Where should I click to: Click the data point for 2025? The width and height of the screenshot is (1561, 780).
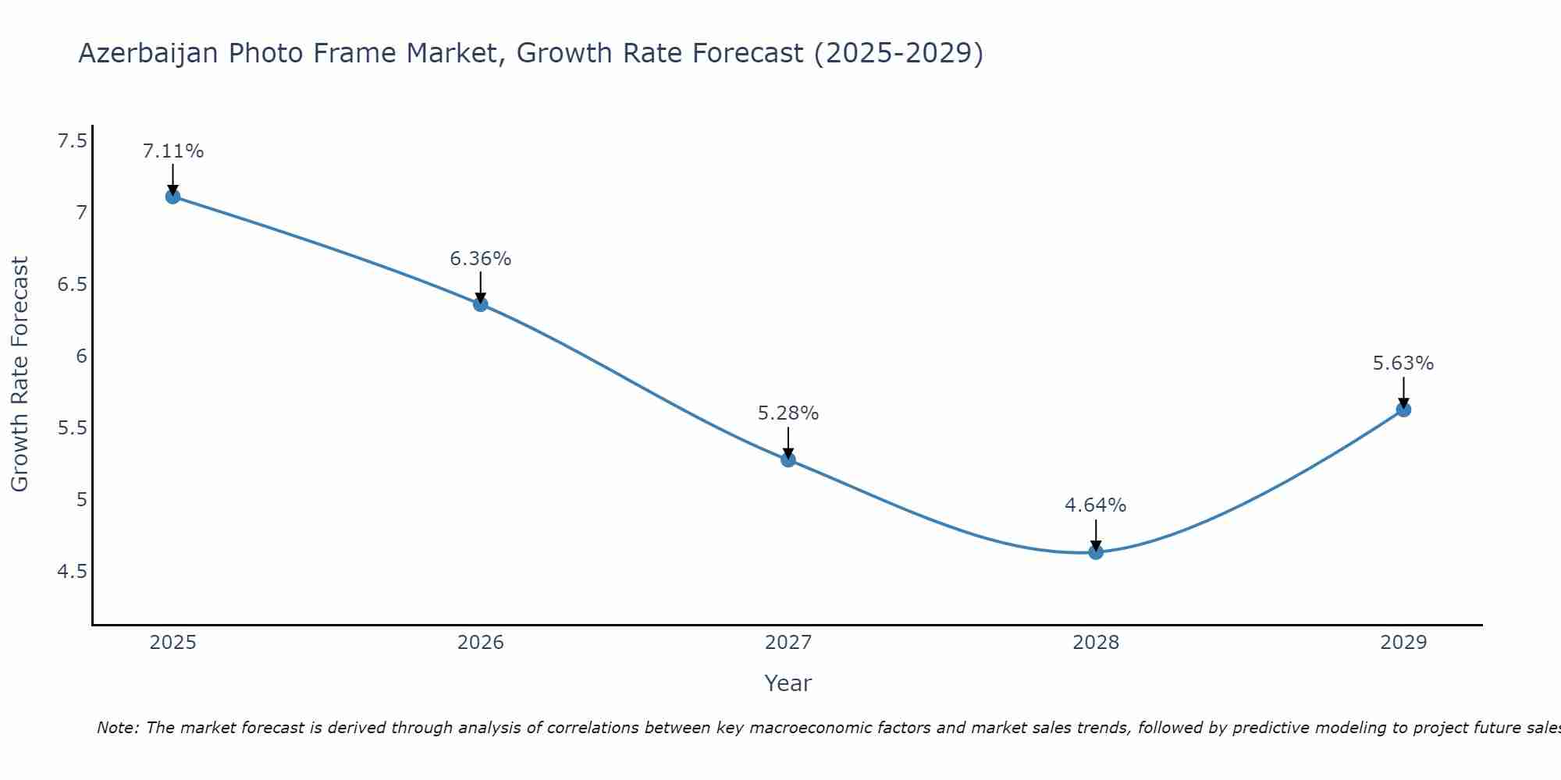coord(173,197)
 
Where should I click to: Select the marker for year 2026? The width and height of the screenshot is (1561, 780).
coord(481,304)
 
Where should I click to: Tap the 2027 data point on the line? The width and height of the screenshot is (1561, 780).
coord(788,459)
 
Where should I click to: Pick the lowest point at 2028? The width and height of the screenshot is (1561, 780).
coord(1096,552)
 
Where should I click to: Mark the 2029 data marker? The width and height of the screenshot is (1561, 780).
coord(1403,409)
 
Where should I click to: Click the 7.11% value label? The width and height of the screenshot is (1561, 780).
coord(173,151)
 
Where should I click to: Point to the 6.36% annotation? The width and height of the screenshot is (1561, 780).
coord(481,259)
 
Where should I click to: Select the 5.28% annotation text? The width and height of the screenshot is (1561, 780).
coord(788,413)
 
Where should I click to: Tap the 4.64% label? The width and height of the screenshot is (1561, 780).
coord(1096,505)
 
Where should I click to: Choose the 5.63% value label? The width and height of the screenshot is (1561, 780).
coord(1403,363)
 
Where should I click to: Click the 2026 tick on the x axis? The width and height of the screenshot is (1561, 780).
coord(481,643)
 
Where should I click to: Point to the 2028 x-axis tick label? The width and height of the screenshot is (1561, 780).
coord(1096,643)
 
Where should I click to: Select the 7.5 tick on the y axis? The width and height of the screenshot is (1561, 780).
coord(73,141)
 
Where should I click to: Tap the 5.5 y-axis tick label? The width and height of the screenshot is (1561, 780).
coord(73,428)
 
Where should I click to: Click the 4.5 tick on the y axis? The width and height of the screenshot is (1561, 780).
coord(73,572)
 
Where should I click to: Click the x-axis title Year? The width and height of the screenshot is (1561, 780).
coord(788,683)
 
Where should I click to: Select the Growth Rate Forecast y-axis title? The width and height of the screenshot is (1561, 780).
coord(20,374)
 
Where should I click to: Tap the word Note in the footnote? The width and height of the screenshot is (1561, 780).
coord(117,728)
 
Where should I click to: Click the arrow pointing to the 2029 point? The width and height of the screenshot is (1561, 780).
coord(1403,392)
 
